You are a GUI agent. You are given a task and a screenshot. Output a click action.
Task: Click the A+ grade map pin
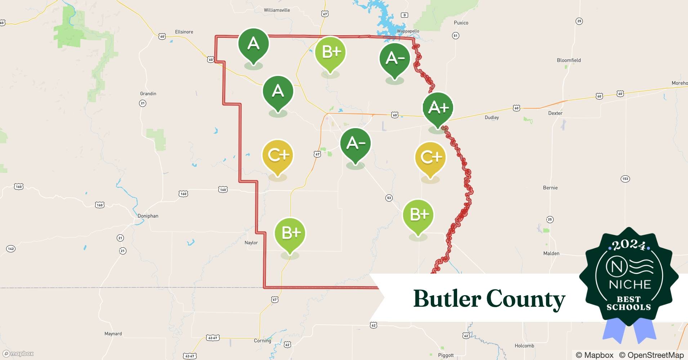click(438, 108)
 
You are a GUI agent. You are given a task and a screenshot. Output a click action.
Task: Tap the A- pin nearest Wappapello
click(395, 58)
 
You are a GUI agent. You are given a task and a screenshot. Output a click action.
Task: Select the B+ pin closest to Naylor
click(290, 233)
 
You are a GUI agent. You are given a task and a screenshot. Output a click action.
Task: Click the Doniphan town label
click(148, 216)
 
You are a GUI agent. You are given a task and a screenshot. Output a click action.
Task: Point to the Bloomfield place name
click(569, 60)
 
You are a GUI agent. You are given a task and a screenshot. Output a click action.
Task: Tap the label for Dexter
click(555, 113)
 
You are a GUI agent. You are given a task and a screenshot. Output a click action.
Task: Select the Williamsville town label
click(277, 10)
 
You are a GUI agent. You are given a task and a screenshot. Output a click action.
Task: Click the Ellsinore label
click(184, 32)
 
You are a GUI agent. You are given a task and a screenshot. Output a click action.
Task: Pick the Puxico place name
click(461, 23)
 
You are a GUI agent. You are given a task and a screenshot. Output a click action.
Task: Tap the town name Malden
click(551, 253)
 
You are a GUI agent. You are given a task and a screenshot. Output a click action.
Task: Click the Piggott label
click(446, 355)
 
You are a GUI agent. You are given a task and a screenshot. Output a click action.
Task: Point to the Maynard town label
click(113, 334)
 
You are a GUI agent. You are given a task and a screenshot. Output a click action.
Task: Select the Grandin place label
click(148, 94)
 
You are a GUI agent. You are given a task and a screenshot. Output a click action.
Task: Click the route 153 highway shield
click(625, 179)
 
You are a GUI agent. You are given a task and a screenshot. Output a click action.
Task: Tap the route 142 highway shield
click(11, 249)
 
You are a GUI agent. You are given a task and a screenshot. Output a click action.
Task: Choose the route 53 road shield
click(389, 198)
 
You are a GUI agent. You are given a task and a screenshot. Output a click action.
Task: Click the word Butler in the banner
click(447, 299)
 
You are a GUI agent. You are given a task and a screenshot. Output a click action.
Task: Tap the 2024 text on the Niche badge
click(629, 245)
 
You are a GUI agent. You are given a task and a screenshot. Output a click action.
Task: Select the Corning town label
click(262, 341)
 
